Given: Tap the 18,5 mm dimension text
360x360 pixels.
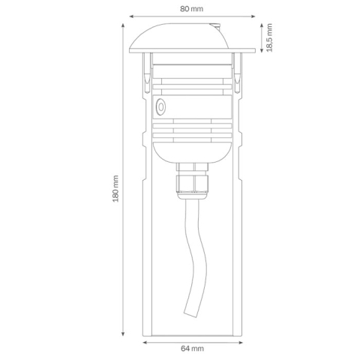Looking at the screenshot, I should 269,37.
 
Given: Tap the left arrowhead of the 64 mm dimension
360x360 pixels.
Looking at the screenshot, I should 145,342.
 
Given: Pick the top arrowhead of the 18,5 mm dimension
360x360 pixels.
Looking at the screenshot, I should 262,25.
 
